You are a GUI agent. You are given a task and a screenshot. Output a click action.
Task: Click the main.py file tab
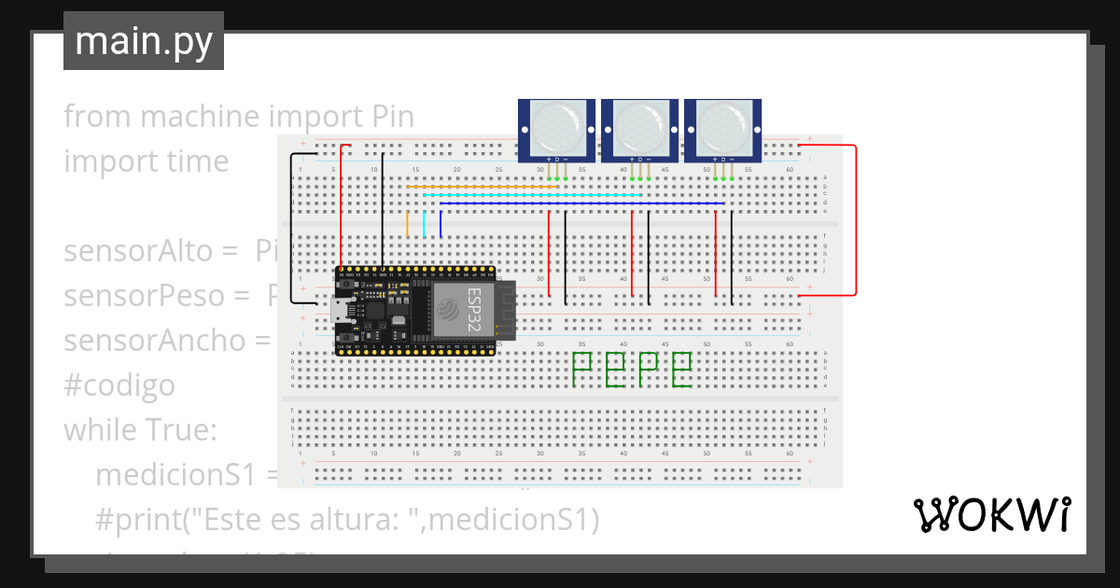(144, 41)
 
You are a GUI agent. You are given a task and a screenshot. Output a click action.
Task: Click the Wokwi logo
(991, 514)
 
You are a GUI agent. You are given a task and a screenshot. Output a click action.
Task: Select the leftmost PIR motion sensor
(557, 128)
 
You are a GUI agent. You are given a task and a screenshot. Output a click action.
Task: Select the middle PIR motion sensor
(640, 128)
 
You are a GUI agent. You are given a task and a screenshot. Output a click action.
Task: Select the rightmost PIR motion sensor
(723, 128)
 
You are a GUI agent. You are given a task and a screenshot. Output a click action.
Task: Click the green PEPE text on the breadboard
(631, 371)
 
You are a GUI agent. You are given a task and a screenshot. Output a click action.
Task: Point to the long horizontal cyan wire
(532, 195)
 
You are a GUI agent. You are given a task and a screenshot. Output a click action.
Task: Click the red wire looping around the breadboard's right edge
(855, 220)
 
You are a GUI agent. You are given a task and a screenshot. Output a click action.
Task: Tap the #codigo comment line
(119, 385)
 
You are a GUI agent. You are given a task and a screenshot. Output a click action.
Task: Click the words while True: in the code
(140, 430)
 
